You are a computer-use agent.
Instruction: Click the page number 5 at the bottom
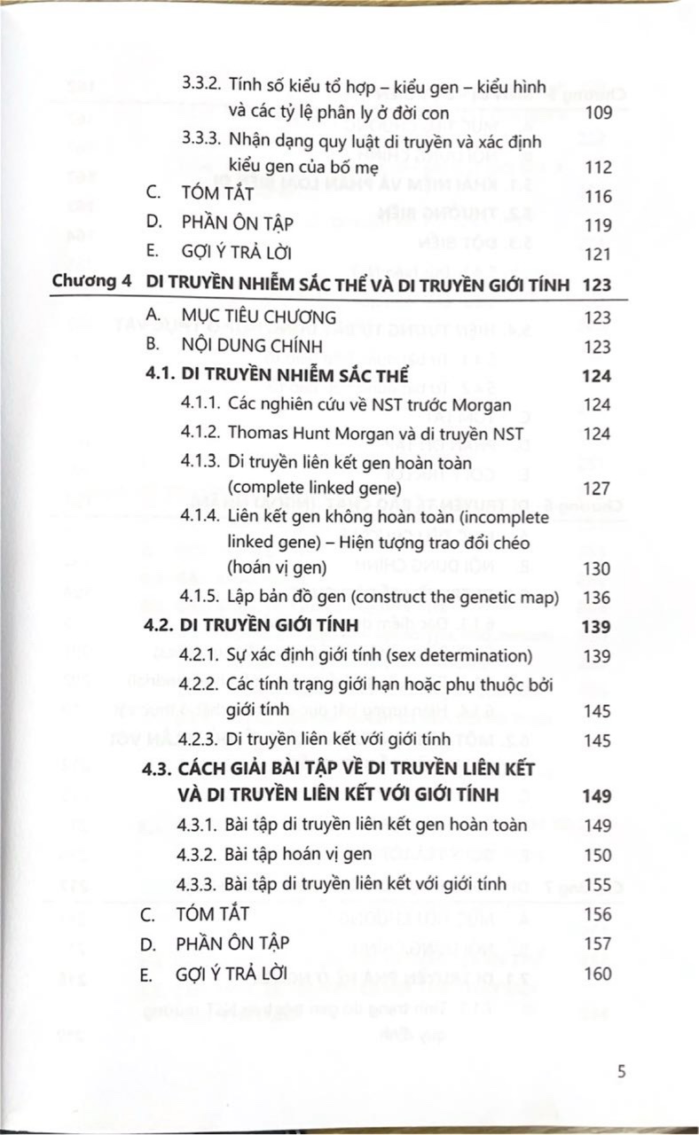click(x=622, y=1070)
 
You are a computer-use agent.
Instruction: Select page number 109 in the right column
click(x=599, y=114)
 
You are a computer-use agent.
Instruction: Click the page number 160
click(x=598, y=974)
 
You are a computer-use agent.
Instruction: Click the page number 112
click(x=599, y=168)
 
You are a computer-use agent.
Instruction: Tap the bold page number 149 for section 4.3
click(x=596, y=795)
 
